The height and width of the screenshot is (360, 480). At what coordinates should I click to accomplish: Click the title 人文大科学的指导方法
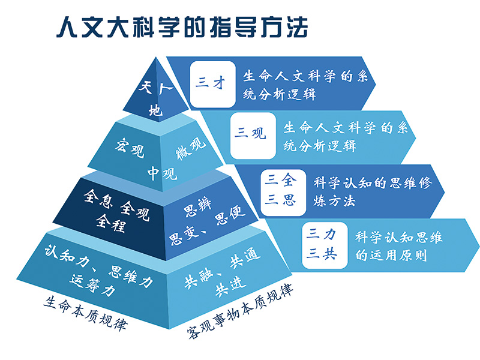[x=180, y=26]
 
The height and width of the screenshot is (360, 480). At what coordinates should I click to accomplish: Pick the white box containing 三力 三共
[x=322, y=243]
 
